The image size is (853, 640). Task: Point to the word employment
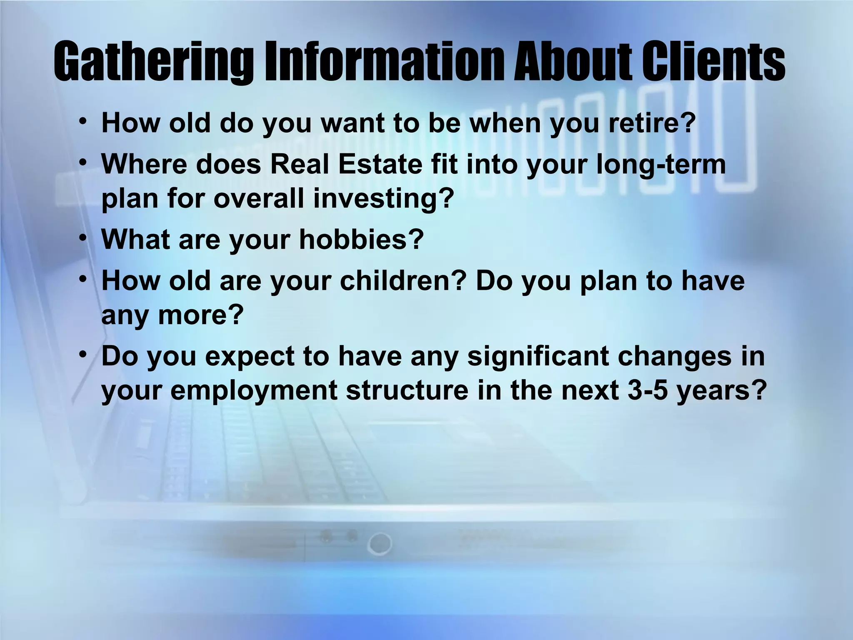pyautogui.click(x=254, y=390)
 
